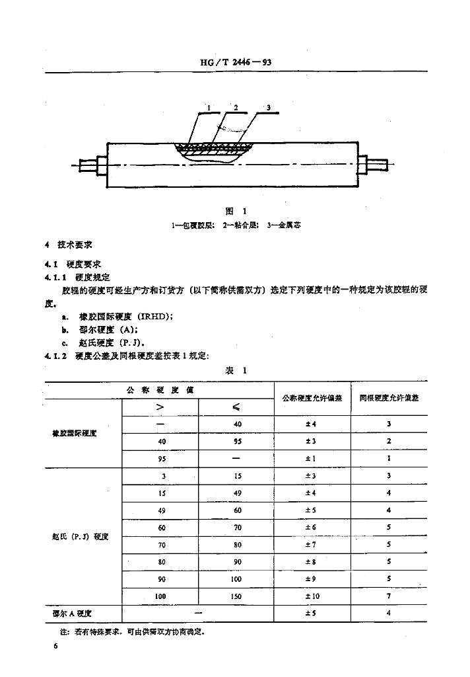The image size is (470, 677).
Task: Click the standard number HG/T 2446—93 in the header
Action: pyautogui.click(x=236, y=63)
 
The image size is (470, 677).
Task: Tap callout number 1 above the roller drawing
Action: pyautogui.click(x=208, y=107)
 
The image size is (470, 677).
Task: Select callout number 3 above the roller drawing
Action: pyautogui.click(x=269, y=107)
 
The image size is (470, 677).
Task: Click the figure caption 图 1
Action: pyautogui.click(x=235, y=211)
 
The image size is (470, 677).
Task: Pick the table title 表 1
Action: pyautogui.click(x=236, y=371)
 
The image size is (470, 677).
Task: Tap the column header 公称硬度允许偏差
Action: pyautogui.click(x=311, y=399)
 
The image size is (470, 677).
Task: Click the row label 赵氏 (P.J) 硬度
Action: pyautogui.click(x=80, y=536)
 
